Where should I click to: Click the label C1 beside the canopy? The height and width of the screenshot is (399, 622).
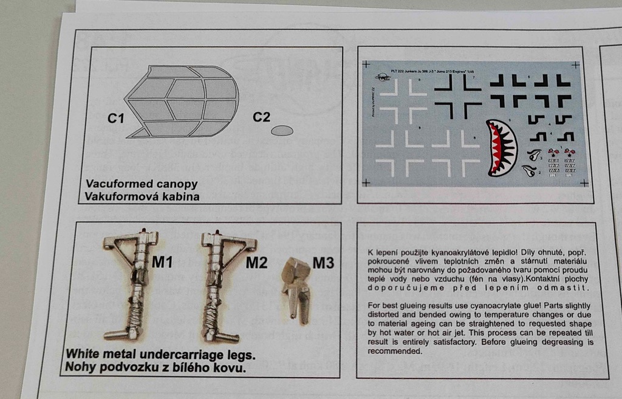pos(116,119)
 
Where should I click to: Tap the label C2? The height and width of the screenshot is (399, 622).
pos(262,117)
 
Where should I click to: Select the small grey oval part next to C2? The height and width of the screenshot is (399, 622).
pos(282,130)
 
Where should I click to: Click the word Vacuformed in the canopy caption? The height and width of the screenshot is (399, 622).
pos(117,184)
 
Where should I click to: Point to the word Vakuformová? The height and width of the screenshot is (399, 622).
pos(119,196)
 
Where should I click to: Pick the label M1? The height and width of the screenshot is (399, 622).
pos(163,263)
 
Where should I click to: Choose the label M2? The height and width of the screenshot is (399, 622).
pos(257,263)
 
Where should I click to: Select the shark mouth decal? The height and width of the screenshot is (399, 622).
pos(501,148)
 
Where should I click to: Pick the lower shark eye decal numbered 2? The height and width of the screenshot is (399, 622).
pos(529,171)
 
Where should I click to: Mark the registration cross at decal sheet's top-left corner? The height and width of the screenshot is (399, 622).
pos(366,63)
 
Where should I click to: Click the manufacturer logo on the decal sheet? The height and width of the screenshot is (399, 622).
pos(382,77)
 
